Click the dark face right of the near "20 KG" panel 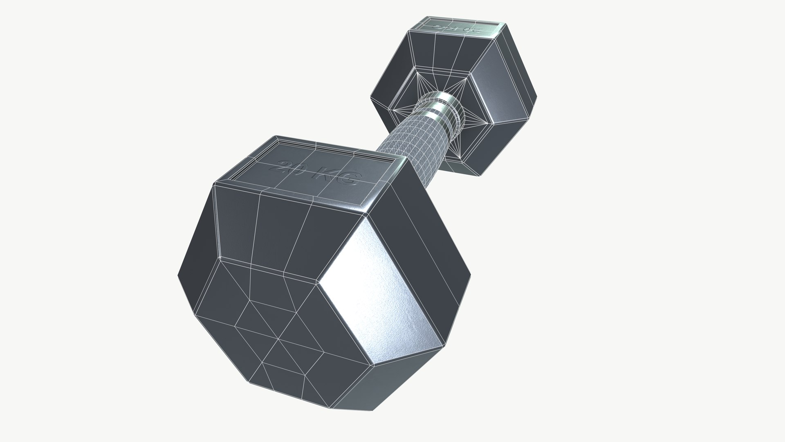pyautogui.click(x=425, y=229)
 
